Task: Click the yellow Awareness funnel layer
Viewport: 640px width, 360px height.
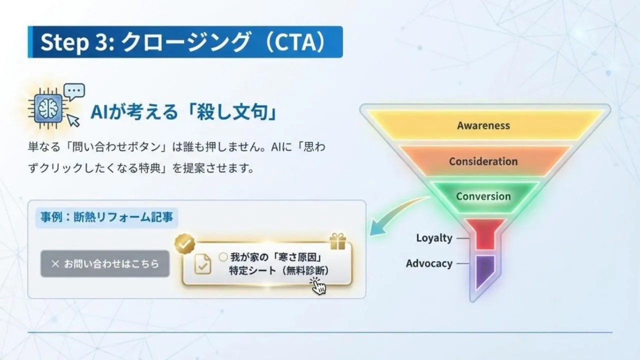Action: (483, 125)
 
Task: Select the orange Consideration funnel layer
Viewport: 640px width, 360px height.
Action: (483, 161)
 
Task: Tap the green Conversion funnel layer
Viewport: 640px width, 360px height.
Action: (483, 196)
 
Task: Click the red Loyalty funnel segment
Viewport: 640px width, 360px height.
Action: (484, 234)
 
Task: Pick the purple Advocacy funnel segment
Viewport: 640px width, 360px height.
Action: (483, 270)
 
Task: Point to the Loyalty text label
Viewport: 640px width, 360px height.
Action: (434, 238)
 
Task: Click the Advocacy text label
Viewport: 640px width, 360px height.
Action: (429, 263)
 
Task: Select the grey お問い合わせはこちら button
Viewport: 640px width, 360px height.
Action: (105, 263)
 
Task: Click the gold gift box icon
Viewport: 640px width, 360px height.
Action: (338, 241)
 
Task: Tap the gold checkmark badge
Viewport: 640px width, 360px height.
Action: (184, 244)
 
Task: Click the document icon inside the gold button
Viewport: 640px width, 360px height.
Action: (202, 264)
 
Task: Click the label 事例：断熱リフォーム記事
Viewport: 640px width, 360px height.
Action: (106, 218)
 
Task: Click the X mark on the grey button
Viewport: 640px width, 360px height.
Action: (55, 263)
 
